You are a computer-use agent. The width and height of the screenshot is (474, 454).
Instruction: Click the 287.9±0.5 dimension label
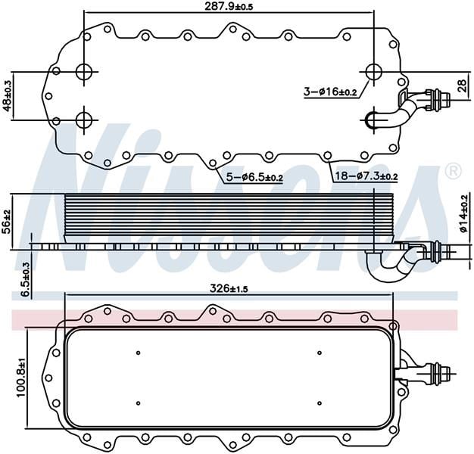pos(228,7)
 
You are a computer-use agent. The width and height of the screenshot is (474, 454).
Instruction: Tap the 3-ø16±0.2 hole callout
pos(330,91)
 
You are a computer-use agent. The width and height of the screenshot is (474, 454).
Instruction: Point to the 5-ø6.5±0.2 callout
pos(254,177)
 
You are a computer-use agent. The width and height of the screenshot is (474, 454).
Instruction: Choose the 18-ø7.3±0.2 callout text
pos(366,176)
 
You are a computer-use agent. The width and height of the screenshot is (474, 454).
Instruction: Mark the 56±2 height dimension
pos(6,222)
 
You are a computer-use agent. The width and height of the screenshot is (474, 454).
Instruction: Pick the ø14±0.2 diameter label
pos(463,213)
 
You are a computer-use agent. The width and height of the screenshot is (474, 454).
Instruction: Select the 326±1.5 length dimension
pos(229,289)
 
